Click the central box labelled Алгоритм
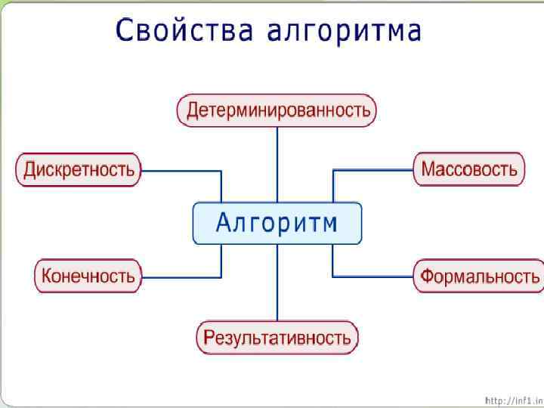pos(277,223)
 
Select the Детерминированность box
pos(277,110)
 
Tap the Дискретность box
pos(79,169)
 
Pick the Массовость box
pos(468,168)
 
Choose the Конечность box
pos(88,276)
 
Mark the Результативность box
pos(277,337)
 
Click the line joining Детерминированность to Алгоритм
pos(277,162)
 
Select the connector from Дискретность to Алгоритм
pos(181,170)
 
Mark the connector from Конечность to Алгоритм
pos(181,277)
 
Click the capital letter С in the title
pos(126,31)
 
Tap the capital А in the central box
pos(225,223)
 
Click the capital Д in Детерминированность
pos(193,111)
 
